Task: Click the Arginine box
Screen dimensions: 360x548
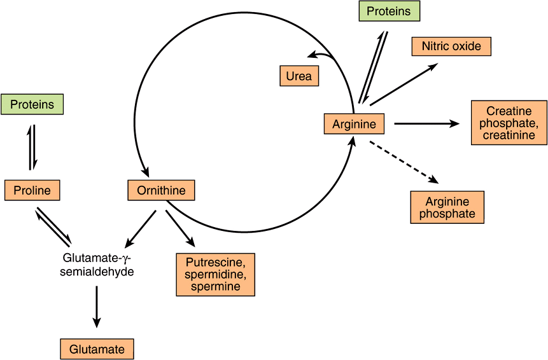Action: click(354, 124)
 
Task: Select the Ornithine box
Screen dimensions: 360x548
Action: click(161, 190)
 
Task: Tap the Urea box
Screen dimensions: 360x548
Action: click(299, 76)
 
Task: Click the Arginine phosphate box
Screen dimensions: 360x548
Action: click(447, 207)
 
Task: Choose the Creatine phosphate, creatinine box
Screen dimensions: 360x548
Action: click(509, 123)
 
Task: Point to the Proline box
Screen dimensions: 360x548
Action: click(32, 190)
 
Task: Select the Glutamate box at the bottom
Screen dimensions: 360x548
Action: click(97, 349)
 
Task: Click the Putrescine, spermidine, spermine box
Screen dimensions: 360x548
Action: click(215, 274)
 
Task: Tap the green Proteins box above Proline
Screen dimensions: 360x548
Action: click(32, 104)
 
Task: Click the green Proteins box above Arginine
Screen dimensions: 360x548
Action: click(388, 11)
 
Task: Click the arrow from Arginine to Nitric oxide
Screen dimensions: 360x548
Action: click(403, 85)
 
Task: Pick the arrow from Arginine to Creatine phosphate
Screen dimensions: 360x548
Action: click(426, 124)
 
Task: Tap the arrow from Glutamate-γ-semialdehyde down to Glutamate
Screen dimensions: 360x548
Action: click(96, 307)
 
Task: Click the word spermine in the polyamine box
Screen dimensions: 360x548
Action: click(215, 287)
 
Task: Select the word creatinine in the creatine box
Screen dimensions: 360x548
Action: click(509, 135)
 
